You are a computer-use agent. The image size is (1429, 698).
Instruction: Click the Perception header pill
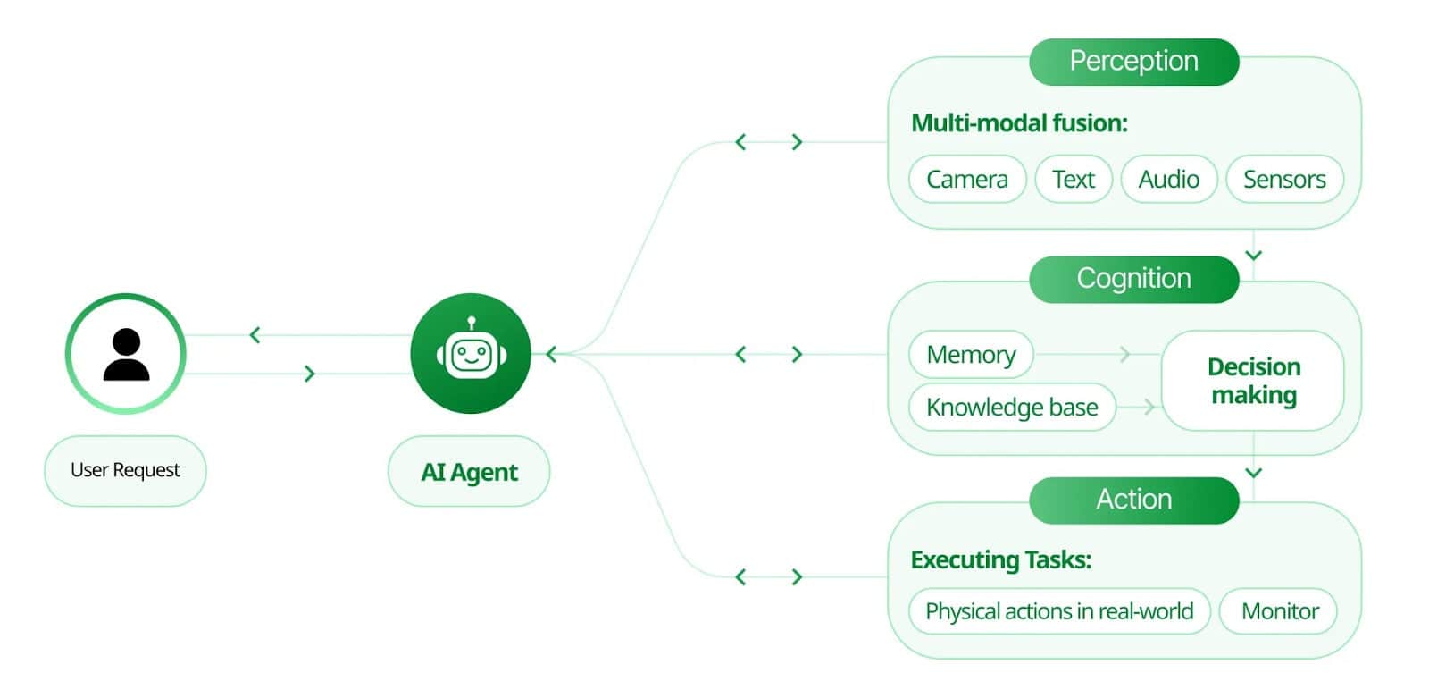click(1133, 62)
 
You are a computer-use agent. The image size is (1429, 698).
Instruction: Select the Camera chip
click(967, 179)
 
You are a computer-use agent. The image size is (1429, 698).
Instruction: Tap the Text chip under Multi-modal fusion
click(1073, 179)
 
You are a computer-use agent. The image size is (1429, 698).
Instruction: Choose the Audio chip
click(1168, 179)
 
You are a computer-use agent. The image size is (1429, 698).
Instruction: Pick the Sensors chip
click(1284, 179)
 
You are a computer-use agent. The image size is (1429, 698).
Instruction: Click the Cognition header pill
click(1133, 279)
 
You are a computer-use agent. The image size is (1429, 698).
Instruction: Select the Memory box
click(971, 355)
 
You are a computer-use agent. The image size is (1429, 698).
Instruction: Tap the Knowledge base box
click(1012, 408)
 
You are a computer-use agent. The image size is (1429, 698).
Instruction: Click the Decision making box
click(1253, 381)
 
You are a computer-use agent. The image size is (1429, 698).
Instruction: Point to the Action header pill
click(1133, 500)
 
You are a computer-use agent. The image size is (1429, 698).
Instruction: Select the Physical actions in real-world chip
click(1059, 611)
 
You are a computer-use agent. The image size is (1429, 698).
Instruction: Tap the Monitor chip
click(1279, 611)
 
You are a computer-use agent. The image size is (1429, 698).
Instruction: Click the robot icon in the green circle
click(471, 353)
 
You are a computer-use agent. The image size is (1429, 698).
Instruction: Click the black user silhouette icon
click(126, 354)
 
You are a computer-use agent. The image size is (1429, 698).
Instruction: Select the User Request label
click(125, 470)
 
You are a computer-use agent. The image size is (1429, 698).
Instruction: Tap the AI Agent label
click(469, 472)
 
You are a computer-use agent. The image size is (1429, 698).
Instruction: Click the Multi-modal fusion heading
click(1019, 123)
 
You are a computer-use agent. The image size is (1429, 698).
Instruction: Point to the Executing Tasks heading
click(1001, 560)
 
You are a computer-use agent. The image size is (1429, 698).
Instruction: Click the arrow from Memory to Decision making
click(1124, 355)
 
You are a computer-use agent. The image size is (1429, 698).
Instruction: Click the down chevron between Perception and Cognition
click(1253, 256)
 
